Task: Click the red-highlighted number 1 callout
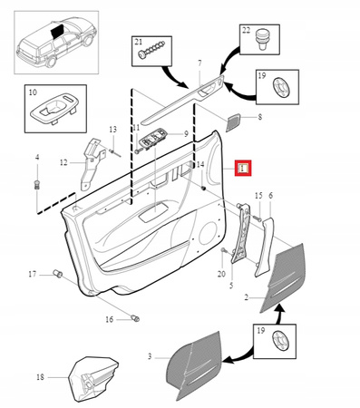point(243,168)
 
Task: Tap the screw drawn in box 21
point(151,49)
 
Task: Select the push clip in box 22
point(262,39)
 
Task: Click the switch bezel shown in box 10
point(54,110)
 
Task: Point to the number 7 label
point(199,63)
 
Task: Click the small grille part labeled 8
point(233,122)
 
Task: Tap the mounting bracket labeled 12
point(91,162)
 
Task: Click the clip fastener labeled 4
point(37,185)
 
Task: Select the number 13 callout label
point(112,130)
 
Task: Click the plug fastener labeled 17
point(58,274)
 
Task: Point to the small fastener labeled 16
point(135,318)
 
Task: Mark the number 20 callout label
point(221,274)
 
